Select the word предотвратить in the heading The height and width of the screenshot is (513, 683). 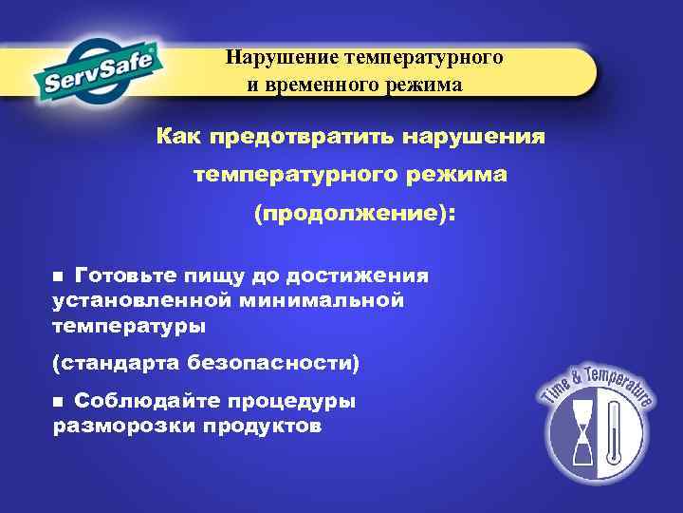[297, 139]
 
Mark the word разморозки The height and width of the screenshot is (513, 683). [122, 426]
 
